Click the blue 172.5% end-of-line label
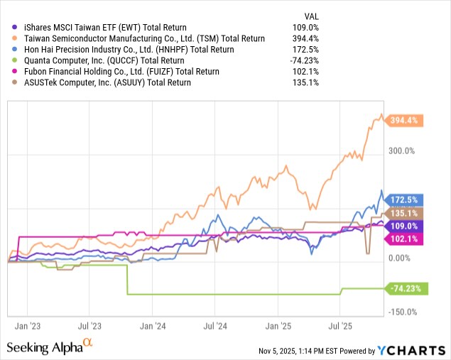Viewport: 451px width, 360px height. pyautogui.click(x=406, y=200)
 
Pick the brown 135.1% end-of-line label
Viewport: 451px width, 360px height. pyautogui.click(x=406, y=213)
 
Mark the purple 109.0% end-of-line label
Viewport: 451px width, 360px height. pyautogui.click(x=406, y=226)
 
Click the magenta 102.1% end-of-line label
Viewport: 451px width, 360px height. pyautogui.click(x=406, y=239)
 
